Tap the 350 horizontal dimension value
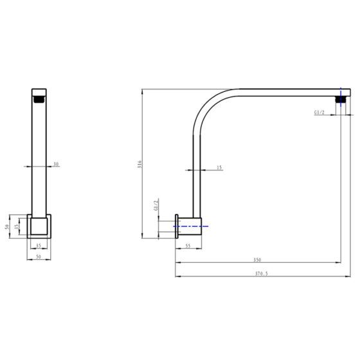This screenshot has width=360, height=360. coord(257,260)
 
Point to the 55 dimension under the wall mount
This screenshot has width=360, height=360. coord(188,246)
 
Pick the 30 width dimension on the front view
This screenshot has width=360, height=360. coord(56,165)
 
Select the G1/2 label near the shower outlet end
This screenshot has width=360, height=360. coord(319,113)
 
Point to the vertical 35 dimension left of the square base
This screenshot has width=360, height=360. coord(18,227)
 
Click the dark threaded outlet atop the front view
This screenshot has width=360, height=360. coord(40,99)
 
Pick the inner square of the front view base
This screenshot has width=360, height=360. coord(39,228)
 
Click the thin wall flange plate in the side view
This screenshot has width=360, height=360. coord(177,226)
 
